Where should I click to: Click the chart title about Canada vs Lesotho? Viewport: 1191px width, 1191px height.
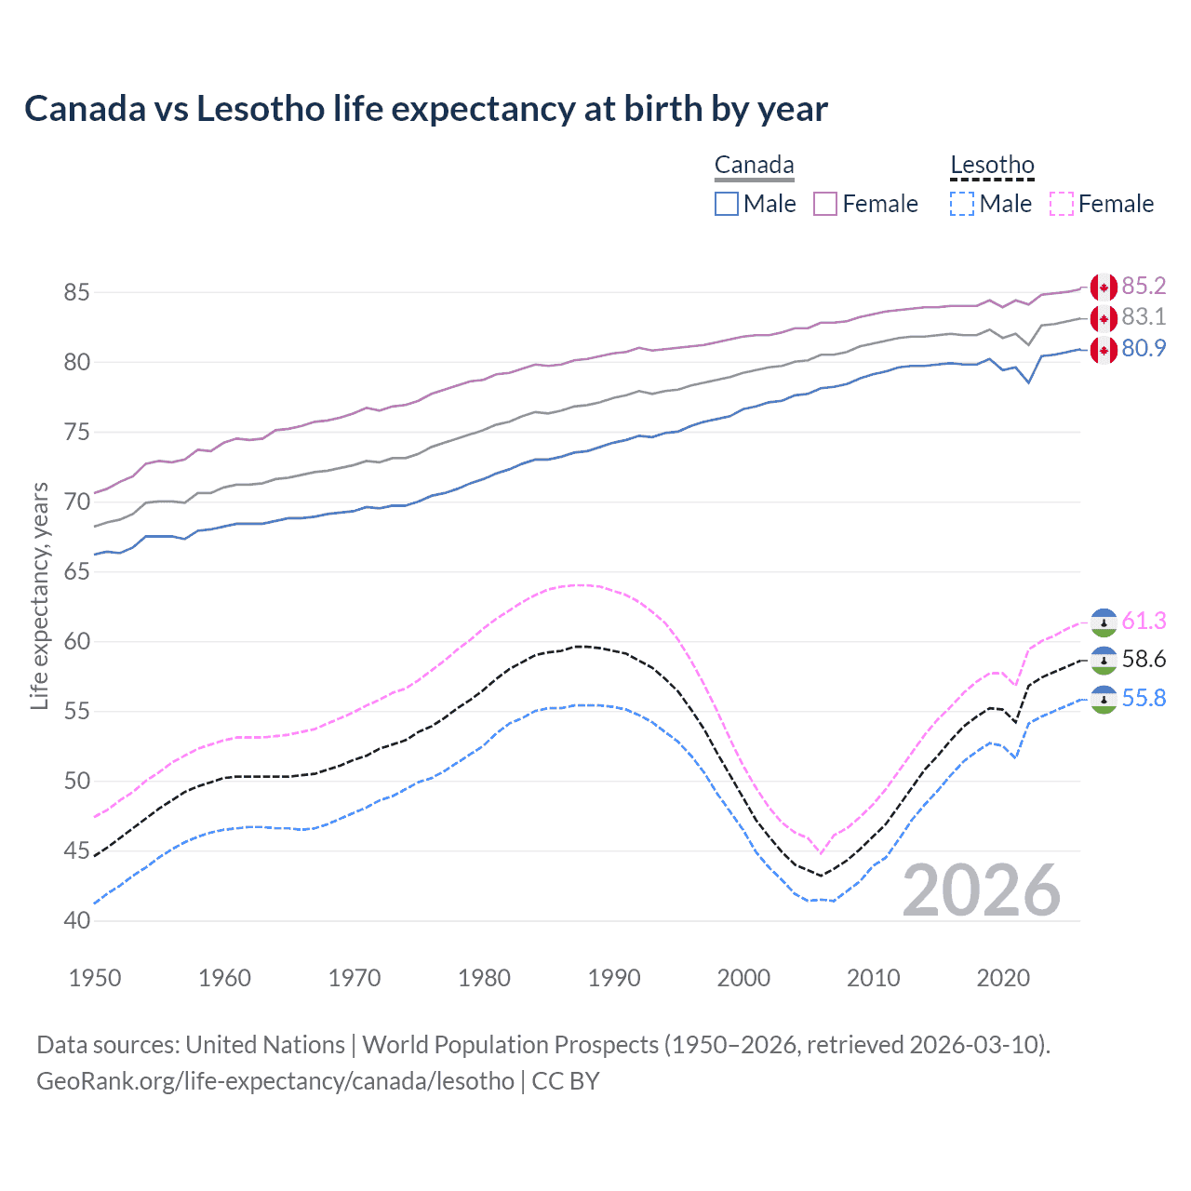coord(425,109)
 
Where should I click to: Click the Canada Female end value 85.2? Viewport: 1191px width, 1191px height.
coord(1144,286)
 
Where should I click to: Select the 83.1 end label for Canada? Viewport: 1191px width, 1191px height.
coord(1144,317)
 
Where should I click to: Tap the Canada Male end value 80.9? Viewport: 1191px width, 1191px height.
coord(1144,349)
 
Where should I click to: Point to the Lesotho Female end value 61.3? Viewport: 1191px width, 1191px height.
coord(1144,621)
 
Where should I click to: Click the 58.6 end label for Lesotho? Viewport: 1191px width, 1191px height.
coord(1144,660)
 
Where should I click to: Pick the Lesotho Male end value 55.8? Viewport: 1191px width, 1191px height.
coord(1144,698)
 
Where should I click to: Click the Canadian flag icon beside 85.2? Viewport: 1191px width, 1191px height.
coord(1104,287)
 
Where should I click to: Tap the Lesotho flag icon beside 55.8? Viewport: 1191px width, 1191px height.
coord(1104,699)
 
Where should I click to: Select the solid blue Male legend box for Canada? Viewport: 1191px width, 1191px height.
coord(727,204)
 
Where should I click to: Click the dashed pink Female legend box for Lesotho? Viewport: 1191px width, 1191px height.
coord(1062,204)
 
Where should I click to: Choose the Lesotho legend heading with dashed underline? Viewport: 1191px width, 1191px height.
coord(992,166)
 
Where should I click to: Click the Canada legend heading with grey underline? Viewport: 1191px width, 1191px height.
coord(754,166)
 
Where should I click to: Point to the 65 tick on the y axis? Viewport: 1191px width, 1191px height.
coord(76,571)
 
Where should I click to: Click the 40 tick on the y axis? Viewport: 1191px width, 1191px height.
coord(76,920)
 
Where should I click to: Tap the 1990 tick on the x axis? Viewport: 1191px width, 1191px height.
coord(614,978)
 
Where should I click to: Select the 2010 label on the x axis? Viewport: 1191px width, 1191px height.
coord(873,978)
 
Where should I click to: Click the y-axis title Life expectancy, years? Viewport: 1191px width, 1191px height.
coord(39,595)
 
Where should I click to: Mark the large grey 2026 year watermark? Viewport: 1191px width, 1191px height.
coord(982,890)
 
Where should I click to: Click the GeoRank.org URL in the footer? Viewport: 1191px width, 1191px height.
coord(275,1081)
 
